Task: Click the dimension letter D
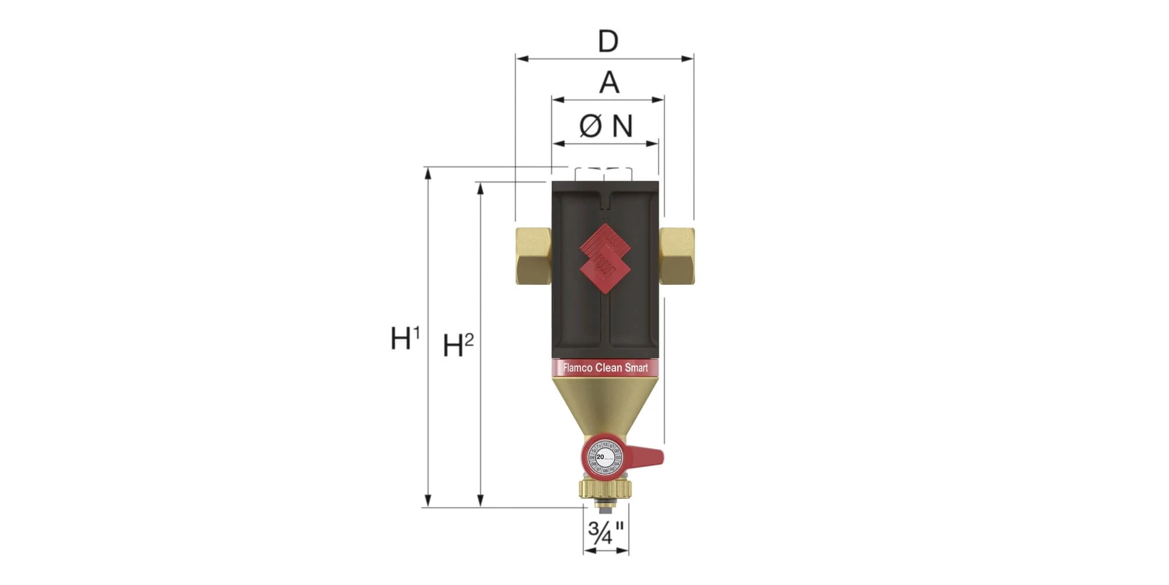pos(608,42)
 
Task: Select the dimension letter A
pos(609,82)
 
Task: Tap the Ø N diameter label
pos(606,126)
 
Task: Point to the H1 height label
pos(405,338)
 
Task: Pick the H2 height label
pos(458,345)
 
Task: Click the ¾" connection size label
pos(606,532)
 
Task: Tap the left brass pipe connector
pos(533,256)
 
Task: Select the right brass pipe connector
pos(677,256)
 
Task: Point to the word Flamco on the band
pos(577,368)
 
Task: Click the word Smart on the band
pos(637,368)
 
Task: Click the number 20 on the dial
pos(600,457)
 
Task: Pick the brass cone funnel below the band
pos(606,404)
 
